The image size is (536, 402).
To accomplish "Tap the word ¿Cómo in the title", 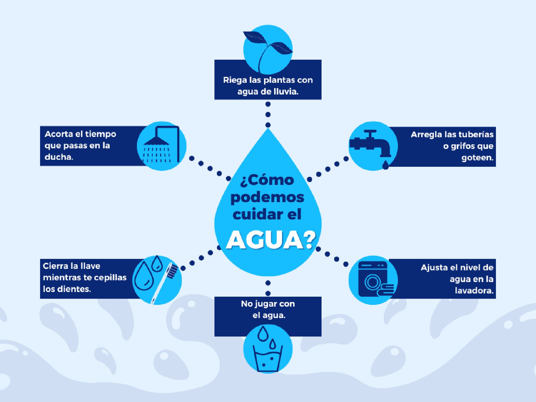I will [x=267, y=180].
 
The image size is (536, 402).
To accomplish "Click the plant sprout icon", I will [x=268, y=49].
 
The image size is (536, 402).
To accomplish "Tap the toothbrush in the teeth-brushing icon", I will [x=164, y=282].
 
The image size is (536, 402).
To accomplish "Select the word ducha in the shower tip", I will [x=58, y=157].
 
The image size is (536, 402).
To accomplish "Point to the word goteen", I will [x=477, y=158].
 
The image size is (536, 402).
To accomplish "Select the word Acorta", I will [x=58, y=134].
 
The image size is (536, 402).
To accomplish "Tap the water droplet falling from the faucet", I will [x=386, y=165].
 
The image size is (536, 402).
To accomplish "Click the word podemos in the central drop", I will [x=267, y=197].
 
